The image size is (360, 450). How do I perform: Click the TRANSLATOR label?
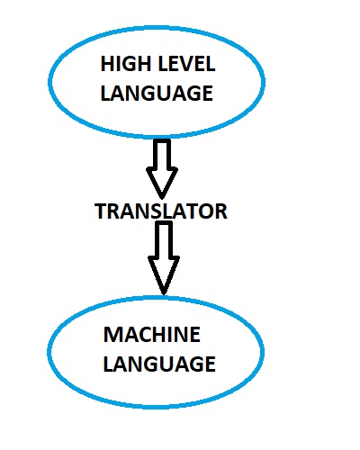(160, 211)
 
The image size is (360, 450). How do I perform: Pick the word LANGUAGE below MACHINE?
(159, 364)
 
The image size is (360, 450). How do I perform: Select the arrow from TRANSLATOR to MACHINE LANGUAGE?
(163, 258)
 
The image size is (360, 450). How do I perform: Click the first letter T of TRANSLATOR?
(99, 211)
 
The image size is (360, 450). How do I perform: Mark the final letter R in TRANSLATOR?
(220, 211)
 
